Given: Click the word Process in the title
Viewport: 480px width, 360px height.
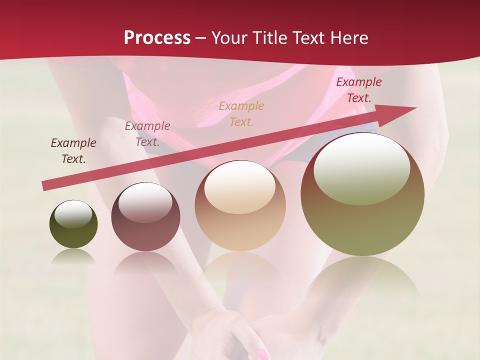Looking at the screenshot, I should tap(157, 38).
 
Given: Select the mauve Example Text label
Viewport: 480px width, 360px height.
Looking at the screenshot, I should tap(147, 134).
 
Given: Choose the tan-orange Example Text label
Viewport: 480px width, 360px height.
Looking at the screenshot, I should tap(241, 113).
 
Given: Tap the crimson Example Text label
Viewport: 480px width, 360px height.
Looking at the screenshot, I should tap(358, 90).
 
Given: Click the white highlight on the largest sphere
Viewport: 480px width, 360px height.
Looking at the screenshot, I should tap(361, 167).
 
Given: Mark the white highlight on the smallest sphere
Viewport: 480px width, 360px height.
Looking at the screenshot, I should tap(73, 214).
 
